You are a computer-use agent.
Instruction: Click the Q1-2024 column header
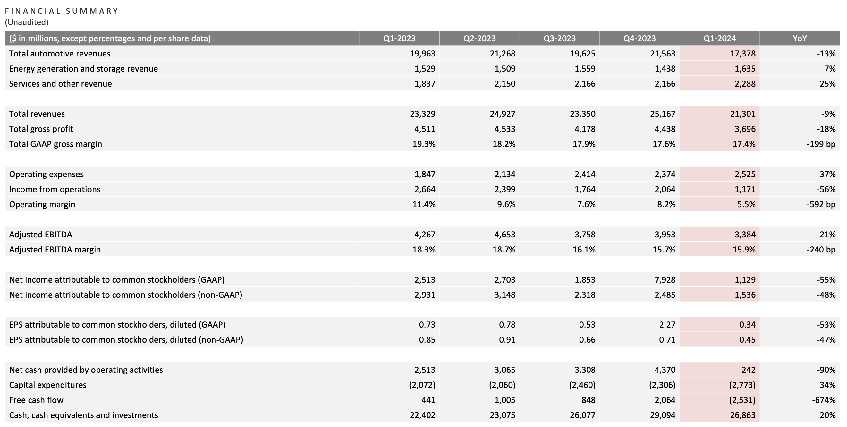tap(719, 38)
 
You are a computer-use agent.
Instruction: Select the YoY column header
tap(800, 38)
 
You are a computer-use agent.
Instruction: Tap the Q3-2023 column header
tap(559, 38)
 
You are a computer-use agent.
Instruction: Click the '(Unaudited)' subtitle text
tap(27, 22)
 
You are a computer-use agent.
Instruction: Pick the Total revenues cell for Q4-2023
tap(663, 114)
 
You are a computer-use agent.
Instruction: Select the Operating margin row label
tap(42, 204)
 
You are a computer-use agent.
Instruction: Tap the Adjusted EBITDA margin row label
tap(55, 249)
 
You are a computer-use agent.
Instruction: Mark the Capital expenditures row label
tap(48, 385)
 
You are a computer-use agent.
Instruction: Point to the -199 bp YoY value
tap(821, 144)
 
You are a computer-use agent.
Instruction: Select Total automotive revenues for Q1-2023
tap(422, 54)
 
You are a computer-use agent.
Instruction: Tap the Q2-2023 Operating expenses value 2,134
tap(505, 174)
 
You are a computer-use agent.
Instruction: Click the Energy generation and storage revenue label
tap(83, 69)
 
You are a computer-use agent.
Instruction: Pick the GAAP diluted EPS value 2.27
tap(667, 325)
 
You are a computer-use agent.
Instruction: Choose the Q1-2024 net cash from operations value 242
tap(748, 370)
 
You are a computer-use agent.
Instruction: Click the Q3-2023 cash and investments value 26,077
tap(583, 415)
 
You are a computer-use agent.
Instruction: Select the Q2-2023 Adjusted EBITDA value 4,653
tap(505, 235)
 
